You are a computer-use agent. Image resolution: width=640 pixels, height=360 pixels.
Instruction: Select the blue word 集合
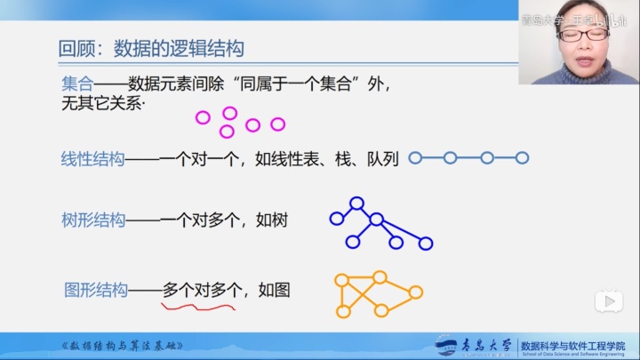[77, 84]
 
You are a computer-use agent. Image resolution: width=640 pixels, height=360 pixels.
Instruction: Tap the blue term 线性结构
[92, 159]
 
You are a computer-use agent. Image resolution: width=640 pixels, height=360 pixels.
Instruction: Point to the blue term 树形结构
[92, 220]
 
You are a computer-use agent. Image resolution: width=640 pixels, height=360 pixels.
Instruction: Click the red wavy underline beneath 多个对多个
[197, 308]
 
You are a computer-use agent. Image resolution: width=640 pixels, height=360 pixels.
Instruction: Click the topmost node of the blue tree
[356, 204]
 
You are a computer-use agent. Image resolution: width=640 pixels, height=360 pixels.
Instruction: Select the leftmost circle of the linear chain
[415, 158]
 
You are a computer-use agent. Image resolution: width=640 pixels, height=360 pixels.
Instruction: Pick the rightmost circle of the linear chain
[523, 158]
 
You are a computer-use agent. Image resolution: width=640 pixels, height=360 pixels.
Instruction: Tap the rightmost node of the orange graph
[415, 292]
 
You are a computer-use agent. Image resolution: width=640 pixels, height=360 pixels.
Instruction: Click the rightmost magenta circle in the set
[277, 124]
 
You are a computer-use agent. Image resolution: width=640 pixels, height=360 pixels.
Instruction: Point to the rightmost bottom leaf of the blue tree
[426, 243]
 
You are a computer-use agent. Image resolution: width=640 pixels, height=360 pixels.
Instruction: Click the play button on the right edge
[610, 301]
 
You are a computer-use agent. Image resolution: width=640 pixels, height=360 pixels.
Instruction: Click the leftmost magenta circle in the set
[202, 116]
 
